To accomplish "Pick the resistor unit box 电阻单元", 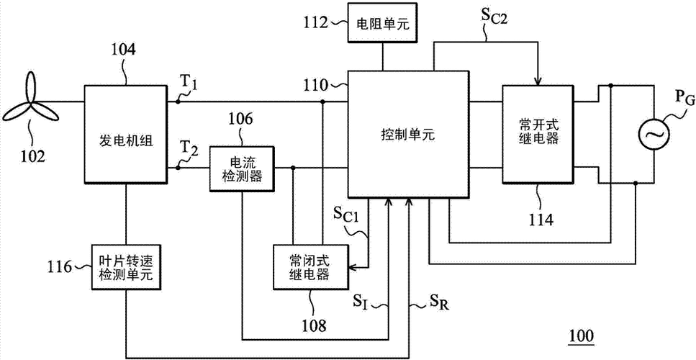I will coord(382,22).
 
